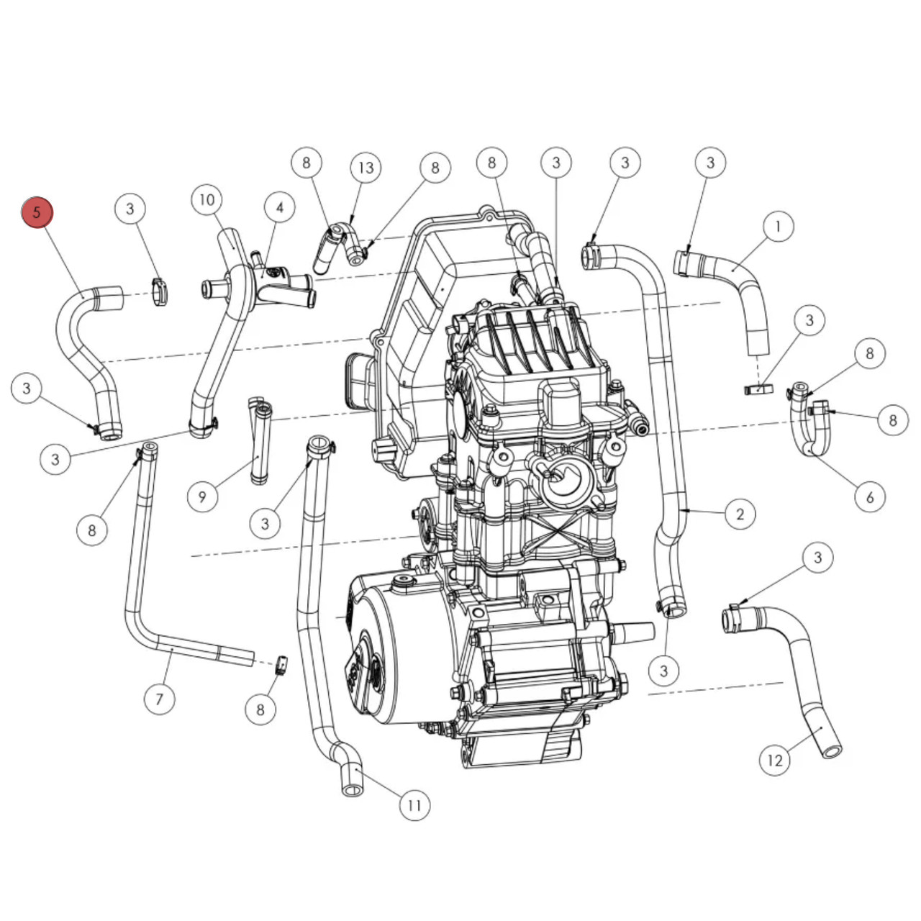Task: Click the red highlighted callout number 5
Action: click(37, 212)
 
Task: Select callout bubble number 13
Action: click(366, 168)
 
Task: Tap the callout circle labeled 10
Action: click(207, 200)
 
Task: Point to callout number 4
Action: click(279, 209)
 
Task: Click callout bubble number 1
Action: click(777, 227)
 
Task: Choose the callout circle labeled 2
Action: click(740, 514)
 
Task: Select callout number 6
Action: click(870, 496)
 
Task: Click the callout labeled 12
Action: click(775, 761)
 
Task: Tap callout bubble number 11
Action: click(414, 805)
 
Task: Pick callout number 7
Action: click(159, 699)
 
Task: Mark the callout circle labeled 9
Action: click(202, 496)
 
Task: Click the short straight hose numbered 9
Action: click(260, 443)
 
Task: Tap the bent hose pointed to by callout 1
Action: click(741, 288)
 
